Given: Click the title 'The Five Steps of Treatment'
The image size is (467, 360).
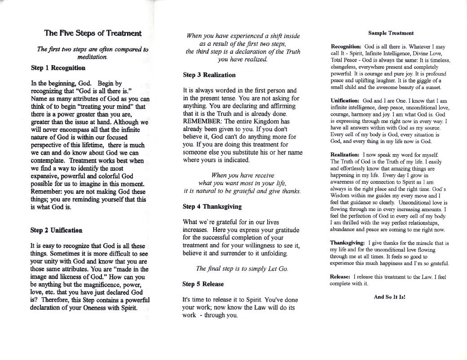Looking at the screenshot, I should pos(93,33).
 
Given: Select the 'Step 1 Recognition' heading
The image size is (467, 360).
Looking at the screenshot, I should pos(58,68).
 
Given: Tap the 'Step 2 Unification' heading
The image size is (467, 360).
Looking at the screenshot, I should pos(56,230).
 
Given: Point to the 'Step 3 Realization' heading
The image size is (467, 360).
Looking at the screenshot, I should pos(209,75).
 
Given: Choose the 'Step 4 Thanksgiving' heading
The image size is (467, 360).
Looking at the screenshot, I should pos(212,207).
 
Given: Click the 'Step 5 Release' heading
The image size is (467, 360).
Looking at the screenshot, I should pos(203,284).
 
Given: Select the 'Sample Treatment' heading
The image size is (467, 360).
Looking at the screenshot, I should pos(391,33).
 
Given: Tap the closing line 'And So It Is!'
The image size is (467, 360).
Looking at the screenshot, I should pos(390,297).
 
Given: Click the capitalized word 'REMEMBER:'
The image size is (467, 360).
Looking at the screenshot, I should pos(202,122).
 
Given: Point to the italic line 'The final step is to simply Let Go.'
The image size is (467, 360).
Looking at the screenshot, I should pos(242,269).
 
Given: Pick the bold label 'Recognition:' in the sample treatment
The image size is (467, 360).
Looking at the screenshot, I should pos(346,47).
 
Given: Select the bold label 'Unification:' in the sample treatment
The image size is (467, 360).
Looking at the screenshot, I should pos(345,101).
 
